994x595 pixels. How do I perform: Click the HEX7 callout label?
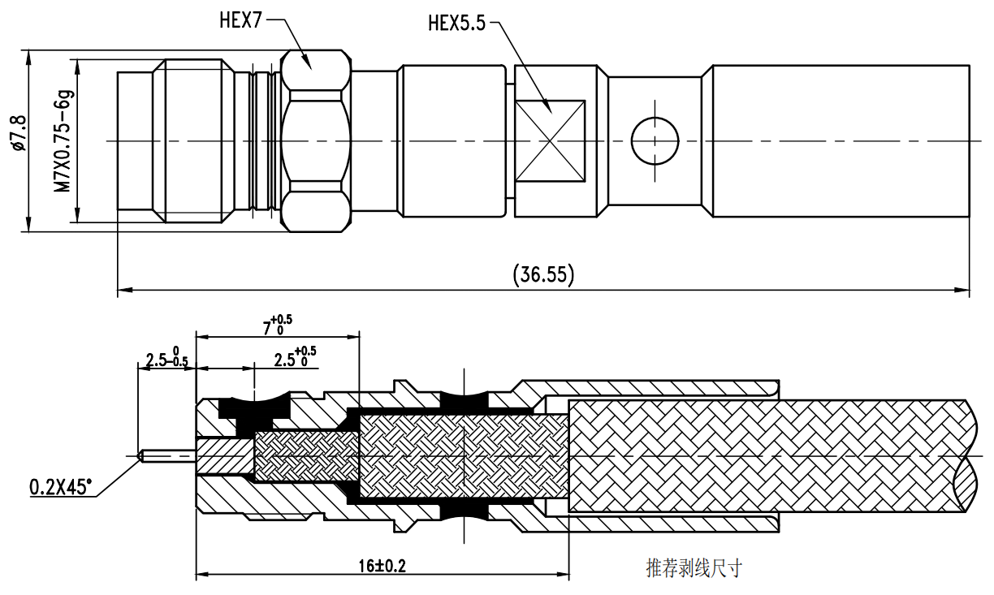coord(240,20)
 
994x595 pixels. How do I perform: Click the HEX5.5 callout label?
coord(456,23)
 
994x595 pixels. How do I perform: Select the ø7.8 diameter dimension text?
coord(19,133)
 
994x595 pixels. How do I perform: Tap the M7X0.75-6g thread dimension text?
coord(63,141)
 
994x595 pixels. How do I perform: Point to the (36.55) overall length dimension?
coord(543,275)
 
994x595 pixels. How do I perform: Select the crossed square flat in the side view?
coord(551,140)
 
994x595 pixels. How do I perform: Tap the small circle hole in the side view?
coord(655,140)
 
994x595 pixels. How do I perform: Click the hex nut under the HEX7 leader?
coord(316,140)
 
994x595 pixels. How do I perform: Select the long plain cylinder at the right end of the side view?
coord(841,140)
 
